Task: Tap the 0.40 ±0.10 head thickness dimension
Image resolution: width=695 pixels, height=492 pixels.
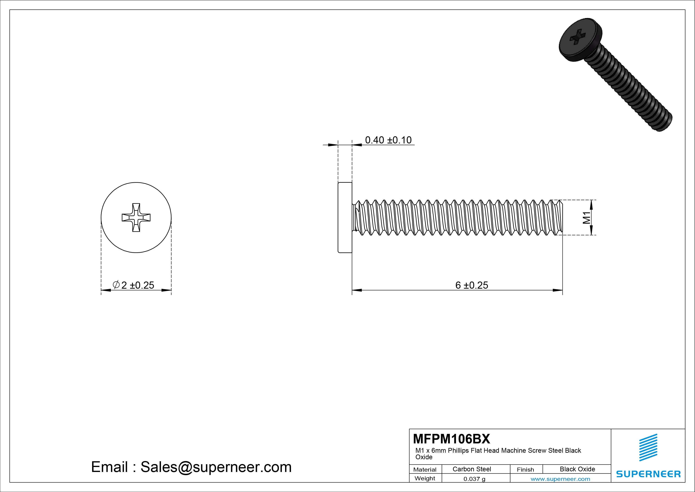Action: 388,140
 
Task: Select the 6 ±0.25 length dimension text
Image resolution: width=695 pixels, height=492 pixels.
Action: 472,285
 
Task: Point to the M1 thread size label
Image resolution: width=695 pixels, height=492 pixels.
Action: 587,218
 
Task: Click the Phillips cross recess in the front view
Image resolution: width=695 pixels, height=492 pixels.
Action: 136,217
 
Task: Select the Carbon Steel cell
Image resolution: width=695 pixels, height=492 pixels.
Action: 472,469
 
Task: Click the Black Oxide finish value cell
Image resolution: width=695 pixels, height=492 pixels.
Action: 577,469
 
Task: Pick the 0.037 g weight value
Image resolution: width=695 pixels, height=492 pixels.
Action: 474,479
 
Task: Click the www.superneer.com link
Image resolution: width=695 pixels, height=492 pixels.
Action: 560,479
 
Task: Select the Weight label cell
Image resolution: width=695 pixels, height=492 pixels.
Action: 425,478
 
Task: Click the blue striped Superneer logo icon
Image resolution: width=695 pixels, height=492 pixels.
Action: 648,447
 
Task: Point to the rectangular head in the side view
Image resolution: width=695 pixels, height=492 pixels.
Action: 345,217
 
